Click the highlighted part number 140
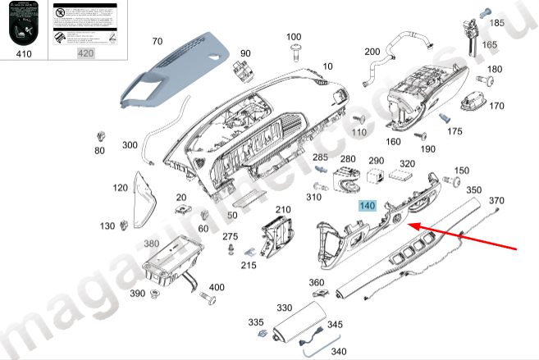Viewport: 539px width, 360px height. pos(366,207)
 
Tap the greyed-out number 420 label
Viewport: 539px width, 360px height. pos(85,54)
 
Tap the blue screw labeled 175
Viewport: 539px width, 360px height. pos(448,119)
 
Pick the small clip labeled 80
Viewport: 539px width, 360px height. pos(102,134)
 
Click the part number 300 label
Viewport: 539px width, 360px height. pos(130,145)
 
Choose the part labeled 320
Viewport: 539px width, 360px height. pos(404,175)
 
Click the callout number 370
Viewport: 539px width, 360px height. pos(496,201)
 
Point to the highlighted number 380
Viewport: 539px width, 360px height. pos(152,244)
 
